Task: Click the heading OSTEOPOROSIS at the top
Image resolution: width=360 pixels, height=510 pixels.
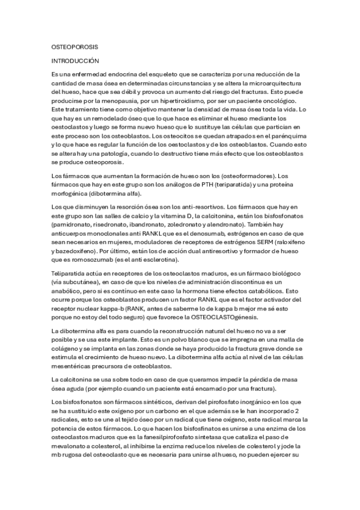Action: pos(75,46)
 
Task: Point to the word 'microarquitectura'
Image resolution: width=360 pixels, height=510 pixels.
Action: pos(281,82)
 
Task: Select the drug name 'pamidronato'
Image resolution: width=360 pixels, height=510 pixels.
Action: pos(74,224)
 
